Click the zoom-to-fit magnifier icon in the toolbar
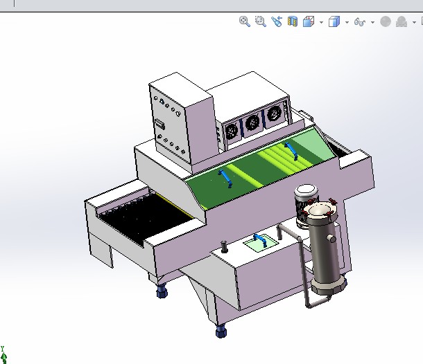pyautogui.click(x=244, y=21)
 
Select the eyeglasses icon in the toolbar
pyautogui.click(x=359, y=22)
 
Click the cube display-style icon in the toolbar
pyautogui.click(x=334, y=22)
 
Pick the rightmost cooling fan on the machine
pyautogui.click(x=274, y=113)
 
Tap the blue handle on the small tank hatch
pyautogui.click(x=261, y=239)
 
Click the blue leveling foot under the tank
pyautogui.click(x=221, y=331)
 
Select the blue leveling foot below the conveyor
pyautogui.click(x=163, y=291)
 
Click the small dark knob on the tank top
pyautogui.click(x=224, y=246)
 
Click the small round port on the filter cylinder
pyautogui.click(x=331, y=239)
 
